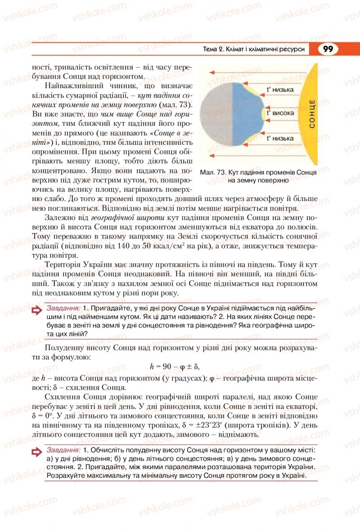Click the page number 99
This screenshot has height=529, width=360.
click(328, 49)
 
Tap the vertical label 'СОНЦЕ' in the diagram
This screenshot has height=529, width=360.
click(312, 114)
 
